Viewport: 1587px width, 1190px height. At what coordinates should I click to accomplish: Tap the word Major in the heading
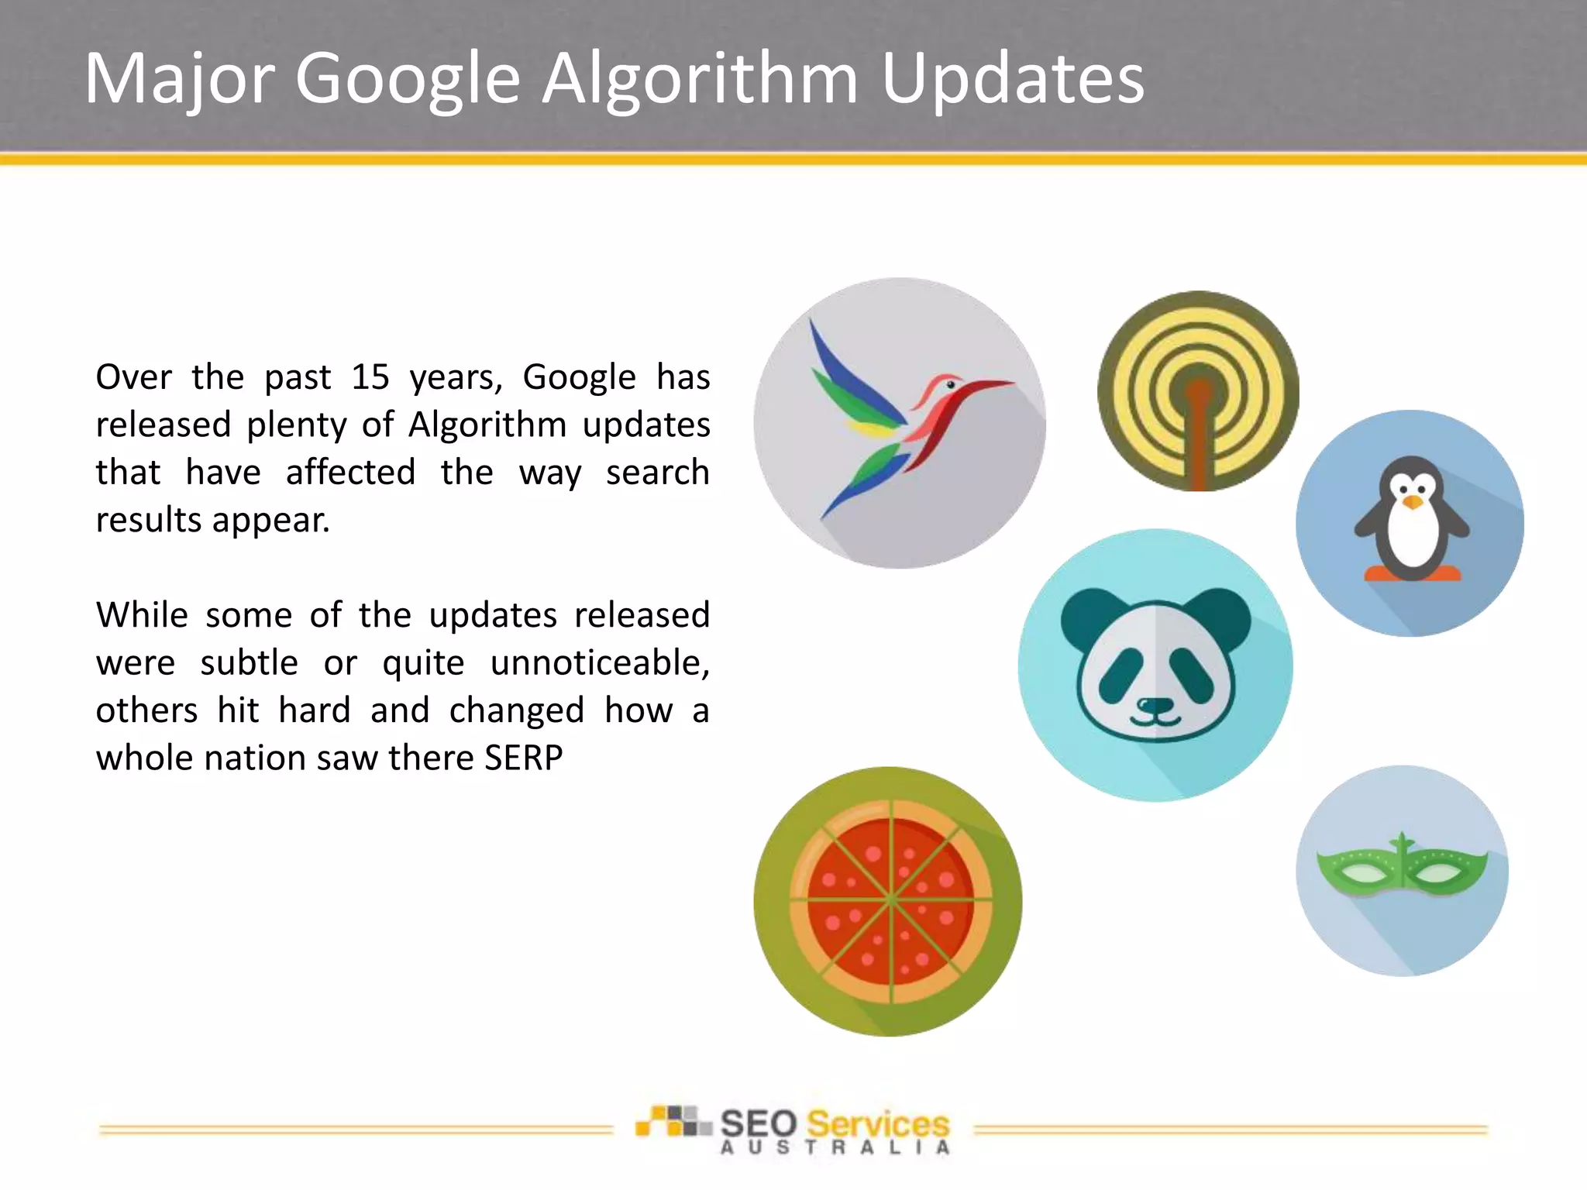[179, 79]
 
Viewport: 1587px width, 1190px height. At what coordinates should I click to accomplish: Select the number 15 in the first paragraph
[370, 377]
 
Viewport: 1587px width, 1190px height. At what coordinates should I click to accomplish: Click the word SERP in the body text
[523, 758]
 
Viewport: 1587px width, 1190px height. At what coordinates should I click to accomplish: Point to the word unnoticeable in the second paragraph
[599, 663]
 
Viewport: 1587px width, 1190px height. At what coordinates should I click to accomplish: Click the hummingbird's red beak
[984, 385]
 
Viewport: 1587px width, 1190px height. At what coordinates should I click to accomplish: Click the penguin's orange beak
[1413, 503]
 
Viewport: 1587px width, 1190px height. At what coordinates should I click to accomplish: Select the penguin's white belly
[1412, 539]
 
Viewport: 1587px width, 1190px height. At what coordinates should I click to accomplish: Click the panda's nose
[1155, 705]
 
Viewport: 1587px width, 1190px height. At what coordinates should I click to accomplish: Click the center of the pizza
[891, 900]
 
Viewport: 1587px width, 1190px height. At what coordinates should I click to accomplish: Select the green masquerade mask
[1402, 869]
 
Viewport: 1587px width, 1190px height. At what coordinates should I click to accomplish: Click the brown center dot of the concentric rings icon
[1198, 391]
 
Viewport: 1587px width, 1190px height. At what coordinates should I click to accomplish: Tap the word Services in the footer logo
[877, 1123]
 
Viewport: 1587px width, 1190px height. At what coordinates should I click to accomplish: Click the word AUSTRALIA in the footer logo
[834, 1147]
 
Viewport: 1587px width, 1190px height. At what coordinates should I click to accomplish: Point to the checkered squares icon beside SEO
[673, 1121]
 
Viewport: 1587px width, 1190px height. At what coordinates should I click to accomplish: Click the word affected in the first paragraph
[350, 473]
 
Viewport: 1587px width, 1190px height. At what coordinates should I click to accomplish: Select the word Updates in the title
[1013, 79]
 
